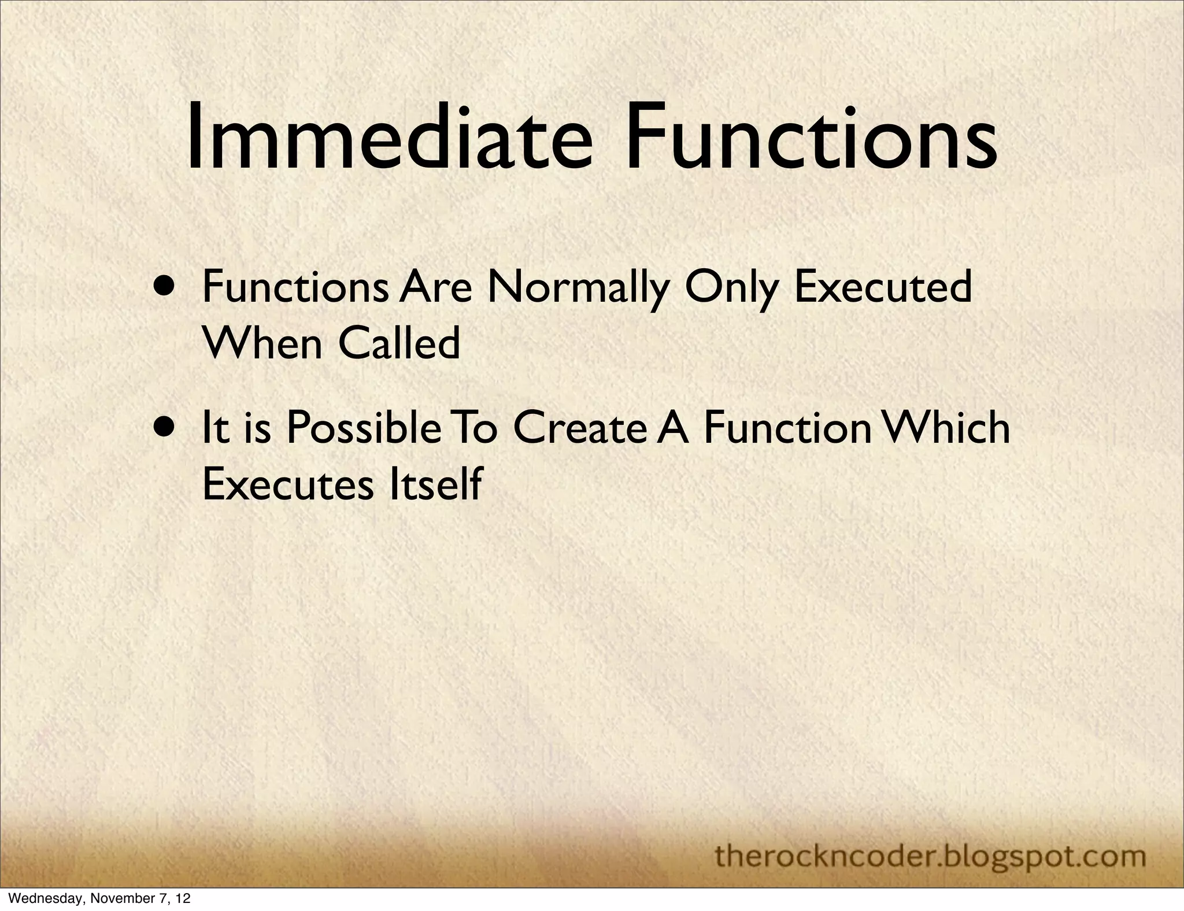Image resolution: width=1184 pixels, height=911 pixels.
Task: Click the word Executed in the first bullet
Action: [883, 287]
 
